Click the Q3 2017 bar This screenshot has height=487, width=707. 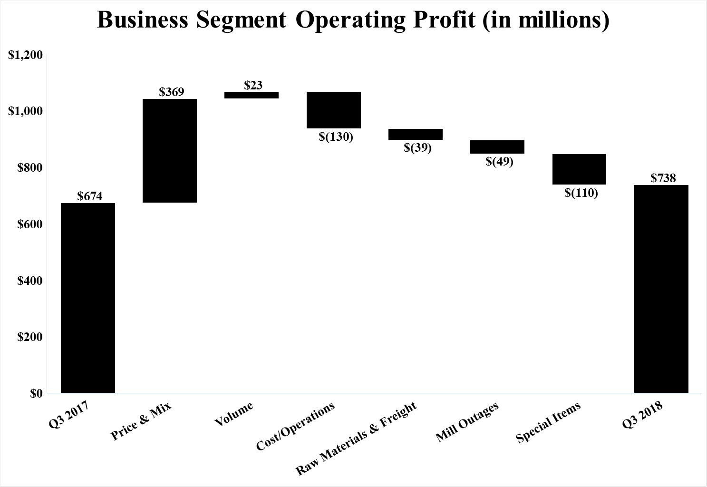(x=88, y=298)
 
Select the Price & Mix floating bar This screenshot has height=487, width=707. (x=170, y=151)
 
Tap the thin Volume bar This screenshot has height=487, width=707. (x=252, y=95)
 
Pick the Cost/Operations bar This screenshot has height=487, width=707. (x=334, y=110)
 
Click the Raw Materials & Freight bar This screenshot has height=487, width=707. (x=416, y=134)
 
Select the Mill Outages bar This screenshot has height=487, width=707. (x=497, y=147)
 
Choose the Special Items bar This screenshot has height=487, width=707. (x=579, y=169)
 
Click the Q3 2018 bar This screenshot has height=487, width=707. (x=661, y=289)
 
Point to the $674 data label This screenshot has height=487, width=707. (x=90, y=196)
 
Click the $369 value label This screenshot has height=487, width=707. (x=172, y=92)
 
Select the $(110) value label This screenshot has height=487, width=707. (x=581, y=193)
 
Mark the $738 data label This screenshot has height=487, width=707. (x=663, y=178)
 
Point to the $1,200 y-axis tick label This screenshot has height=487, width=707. (x=26, y=55)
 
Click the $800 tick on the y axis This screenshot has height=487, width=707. (x=30, y=168)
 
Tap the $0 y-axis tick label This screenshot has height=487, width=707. (x=36, y=394)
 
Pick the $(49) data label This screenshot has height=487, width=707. (x=499, y=162)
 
